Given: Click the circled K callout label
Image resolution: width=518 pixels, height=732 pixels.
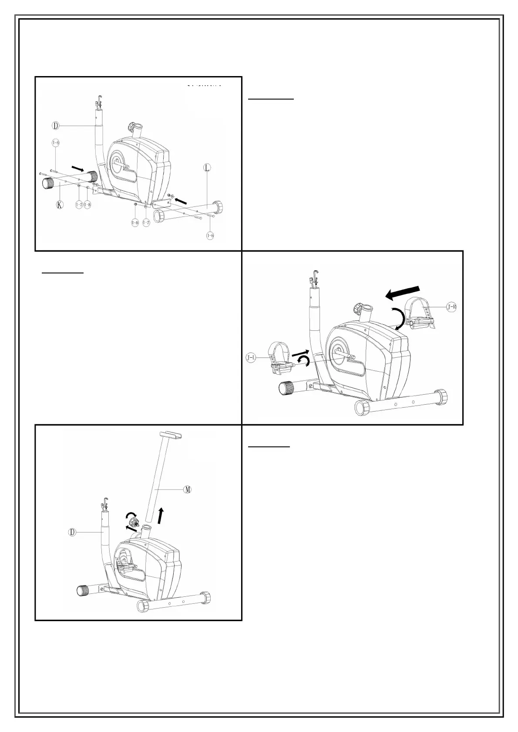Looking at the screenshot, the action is coord(60,205).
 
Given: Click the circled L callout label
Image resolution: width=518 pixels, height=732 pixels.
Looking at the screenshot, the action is coord(207,168).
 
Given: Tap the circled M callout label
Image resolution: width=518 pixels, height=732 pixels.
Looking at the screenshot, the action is coord(188,489).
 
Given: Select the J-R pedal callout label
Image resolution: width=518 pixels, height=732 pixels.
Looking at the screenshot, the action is coord(451,307).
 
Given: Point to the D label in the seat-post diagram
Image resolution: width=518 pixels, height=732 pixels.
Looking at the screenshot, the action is coord(73,532).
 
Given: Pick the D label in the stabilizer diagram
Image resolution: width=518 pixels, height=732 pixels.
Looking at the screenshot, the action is coord(55,126).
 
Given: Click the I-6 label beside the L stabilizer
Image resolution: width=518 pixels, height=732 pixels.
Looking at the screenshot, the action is coord(210,235).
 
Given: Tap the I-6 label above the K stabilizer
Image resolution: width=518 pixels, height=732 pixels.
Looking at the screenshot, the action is coord(56,143).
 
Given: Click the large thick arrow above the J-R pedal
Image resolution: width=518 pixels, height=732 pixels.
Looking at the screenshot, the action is coord(403,292).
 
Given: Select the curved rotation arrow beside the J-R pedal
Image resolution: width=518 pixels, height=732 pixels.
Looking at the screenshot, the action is coord(397,319).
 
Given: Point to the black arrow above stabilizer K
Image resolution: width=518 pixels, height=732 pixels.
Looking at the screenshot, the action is coord(78,168).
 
